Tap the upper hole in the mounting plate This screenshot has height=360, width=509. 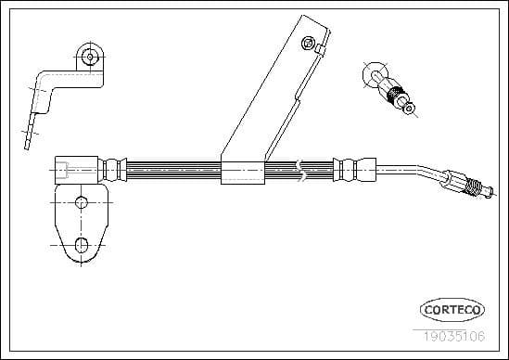[x=81, y=202]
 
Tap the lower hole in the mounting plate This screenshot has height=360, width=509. [x=81, y=245]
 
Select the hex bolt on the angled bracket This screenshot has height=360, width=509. [x=307, y=42]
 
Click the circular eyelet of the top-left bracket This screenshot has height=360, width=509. [x=89, y=57]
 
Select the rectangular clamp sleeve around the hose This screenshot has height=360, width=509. [x=239, y=172]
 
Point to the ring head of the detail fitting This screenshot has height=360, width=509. [x=375, y=73]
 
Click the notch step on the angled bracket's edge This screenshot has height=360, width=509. [x=294, y=96]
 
